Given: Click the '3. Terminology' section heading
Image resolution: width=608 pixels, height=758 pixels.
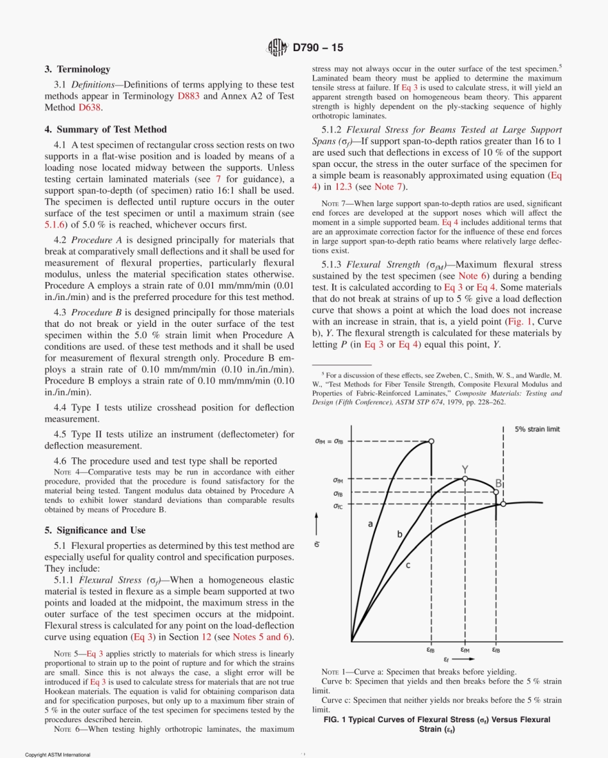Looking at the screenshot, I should coord(77,69).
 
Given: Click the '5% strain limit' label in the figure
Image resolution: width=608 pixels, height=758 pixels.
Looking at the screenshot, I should coord(537,429).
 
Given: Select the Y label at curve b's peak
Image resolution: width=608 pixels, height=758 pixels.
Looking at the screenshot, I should coord(465,470).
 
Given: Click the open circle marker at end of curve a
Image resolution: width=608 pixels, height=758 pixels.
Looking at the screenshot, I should coord(432,441).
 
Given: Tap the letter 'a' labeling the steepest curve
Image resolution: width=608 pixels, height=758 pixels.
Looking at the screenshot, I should coord(370,524).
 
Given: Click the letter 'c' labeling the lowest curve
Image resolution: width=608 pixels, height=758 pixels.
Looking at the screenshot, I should coord(408,565).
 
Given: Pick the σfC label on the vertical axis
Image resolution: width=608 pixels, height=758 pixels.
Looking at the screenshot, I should coord(337,506).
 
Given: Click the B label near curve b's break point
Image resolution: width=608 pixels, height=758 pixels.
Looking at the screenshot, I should coord(498,484).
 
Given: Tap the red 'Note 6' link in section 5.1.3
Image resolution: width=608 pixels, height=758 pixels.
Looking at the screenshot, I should coord(472,276).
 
